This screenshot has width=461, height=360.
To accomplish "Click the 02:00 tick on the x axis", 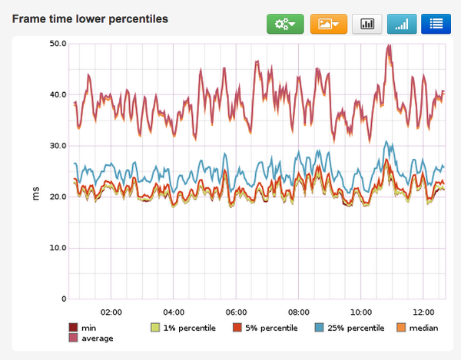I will pyautogui.click(x=111, y=313).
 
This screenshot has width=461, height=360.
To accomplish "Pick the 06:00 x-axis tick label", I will pyautogui.click(x=236, y=313).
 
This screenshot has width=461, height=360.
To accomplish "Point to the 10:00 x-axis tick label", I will pyautogui.click(x=360, y=313).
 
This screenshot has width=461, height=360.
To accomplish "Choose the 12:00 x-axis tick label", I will pyautogui.click(x=423, y=313).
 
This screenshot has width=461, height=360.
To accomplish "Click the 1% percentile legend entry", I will pyautogui.click(x=185, y=328).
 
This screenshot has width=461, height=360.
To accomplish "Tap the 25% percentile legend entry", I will pyautogui.click(x=350, y=328).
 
